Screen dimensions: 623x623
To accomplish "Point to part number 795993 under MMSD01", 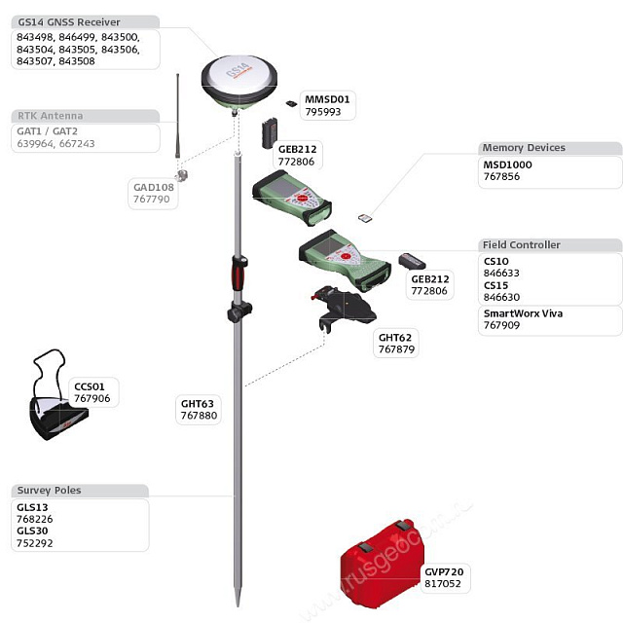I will tap(323, 112).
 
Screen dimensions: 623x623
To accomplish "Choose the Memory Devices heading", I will tap(523, 148).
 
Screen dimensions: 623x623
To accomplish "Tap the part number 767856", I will tap(501, 177).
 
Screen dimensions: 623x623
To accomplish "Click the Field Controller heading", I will tap(521, 244).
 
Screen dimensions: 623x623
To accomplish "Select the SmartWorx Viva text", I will tap(523, 313).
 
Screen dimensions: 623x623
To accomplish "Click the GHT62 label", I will tap(394, 337).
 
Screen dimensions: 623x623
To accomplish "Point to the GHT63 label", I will tap(198, 403).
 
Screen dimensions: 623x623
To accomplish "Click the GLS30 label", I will tap(32, 531).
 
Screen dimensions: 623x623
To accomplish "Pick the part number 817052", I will tap(442, 584).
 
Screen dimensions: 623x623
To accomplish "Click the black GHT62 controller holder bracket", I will tap(347, 306).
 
